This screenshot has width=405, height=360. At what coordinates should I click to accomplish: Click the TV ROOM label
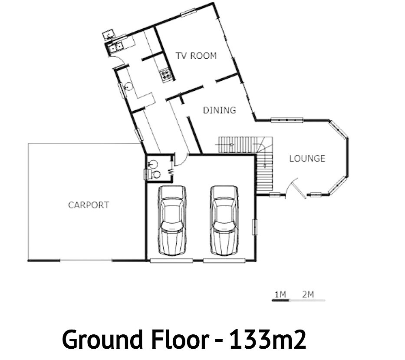196,56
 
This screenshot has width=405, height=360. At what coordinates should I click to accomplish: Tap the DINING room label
220,110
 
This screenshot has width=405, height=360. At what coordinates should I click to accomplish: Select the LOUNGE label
307,159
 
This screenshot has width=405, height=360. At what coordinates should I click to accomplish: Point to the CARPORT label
89,205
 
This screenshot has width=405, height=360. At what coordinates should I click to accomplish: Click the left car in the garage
172,221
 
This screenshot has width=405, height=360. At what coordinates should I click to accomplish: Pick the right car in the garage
224,221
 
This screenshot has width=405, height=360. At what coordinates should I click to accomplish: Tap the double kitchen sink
116,47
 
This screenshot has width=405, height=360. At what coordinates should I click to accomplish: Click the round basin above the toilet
153,164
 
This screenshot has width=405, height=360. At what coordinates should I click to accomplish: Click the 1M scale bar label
280,294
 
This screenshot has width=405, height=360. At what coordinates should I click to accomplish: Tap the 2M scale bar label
308,294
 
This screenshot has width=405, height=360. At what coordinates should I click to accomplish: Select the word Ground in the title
102,339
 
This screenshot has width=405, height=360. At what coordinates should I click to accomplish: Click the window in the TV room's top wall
188,13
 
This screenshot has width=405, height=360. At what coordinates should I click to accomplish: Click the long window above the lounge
286,120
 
